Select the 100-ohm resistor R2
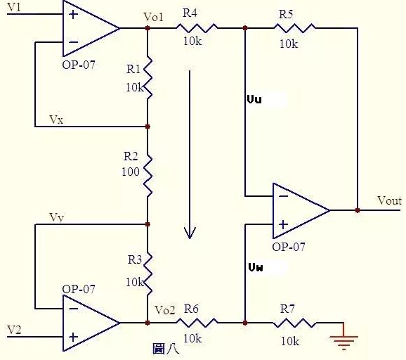click(x=148, y=176)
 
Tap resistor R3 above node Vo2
click(x=148, y=274)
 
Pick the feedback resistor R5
click(x=295, y=28)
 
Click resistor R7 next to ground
click(x=295, y=323)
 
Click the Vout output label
click(x=389, y=200)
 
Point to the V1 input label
click(x=13, y=6)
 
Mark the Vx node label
click(x=56, y=120)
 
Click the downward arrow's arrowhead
click(x=188, y=231)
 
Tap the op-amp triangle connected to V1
click(x=88, y=28)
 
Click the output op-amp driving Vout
click(x=299, y=210)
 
